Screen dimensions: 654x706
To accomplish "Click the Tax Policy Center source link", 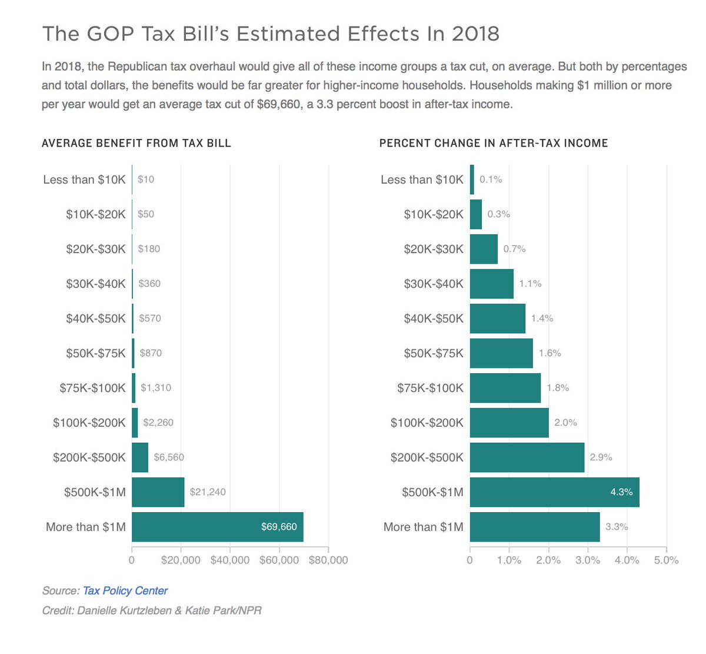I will click(x=125, y=590).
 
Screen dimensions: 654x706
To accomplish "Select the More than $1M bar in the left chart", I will click(x=217, y=527).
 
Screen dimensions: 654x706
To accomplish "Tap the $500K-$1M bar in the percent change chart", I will click(x=554, y=492).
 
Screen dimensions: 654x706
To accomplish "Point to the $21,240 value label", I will click(x=208, y=492).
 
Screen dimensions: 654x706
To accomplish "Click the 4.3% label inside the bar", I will click(x=621, y=492).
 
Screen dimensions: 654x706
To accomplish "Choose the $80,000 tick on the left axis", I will click(x=328, y=560).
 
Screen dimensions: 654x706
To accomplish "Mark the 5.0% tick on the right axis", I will click(x=666, y=560).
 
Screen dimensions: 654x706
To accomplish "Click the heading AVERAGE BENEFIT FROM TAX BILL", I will click(x=136, y=143).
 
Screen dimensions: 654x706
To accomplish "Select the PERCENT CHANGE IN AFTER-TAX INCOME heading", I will click(x=494, y=143).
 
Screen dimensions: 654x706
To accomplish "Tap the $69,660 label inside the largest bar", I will click(x=279, y=527).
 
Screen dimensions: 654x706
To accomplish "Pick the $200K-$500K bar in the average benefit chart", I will click(x=140, y=457).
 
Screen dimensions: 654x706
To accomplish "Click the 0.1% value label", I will click(x=491, y=180).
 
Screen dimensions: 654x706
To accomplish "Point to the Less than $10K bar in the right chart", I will click(x=472, y=180).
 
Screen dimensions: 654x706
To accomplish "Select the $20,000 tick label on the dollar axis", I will click(x=181, y=560).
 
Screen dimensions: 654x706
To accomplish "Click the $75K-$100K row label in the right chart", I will click(x=430, y=388).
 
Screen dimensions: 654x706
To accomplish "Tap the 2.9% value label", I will click(x=601, y=457).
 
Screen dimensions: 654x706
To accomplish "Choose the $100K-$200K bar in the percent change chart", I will click(x=509, y=423).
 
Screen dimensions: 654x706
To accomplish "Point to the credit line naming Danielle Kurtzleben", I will click(x=152, y=610).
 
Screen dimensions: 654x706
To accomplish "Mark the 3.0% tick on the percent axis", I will click(x=588, y=560).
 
